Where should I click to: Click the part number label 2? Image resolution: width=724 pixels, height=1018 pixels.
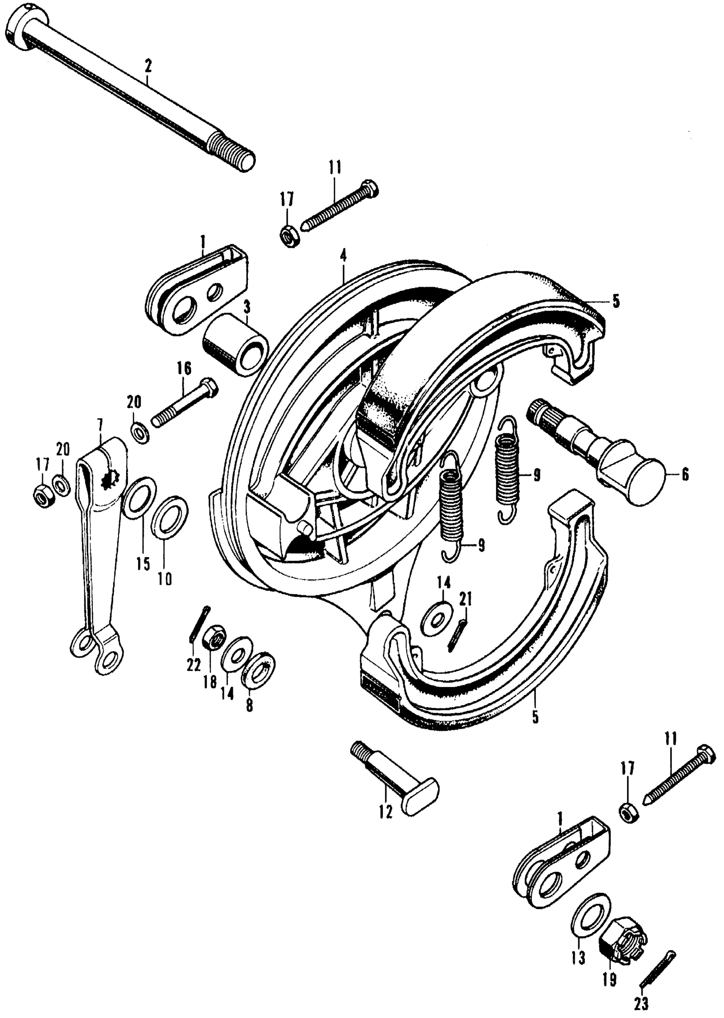[x=147, y=66]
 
